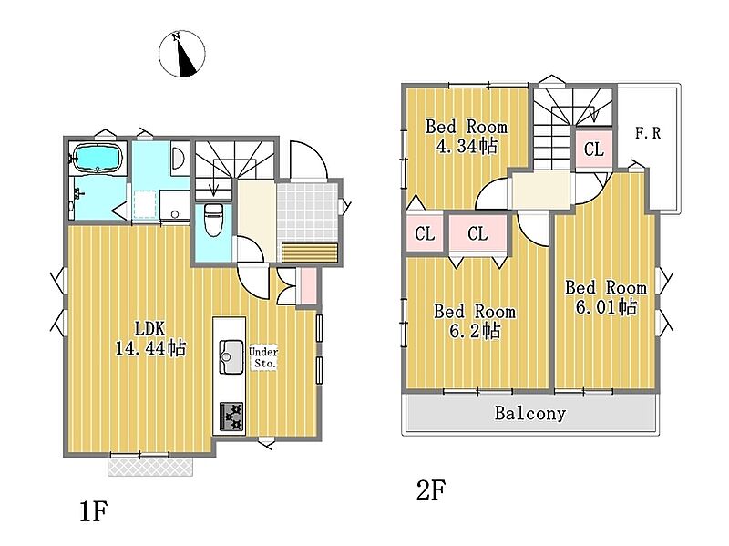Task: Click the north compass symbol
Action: [181, 54]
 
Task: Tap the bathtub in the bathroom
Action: [98, 158]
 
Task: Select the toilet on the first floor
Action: [214, 219]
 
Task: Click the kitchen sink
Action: [231, 356]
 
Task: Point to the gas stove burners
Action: [231, 417]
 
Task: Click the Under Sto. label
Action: [263, 357]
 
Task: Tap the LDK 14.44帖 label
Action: [150, 338]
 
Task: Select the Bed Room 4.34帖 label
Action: [467, 136]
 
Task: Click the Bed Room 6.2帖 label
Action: [475, 321]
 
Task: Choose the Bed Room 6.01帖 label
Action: [606, 297]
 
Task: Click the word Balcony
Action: [530, 413]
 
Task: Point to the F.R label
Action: [648, 133]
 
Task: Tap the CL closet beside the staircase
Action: [594, 149]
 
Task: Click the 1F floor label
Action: [94, 512]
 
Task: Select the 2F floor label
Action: [430, 489]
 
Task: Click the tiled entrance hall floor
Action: [307, 212]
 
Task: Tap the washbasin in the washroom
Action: [178, 158]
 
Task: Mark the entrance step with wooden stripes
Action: [310, 253]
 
